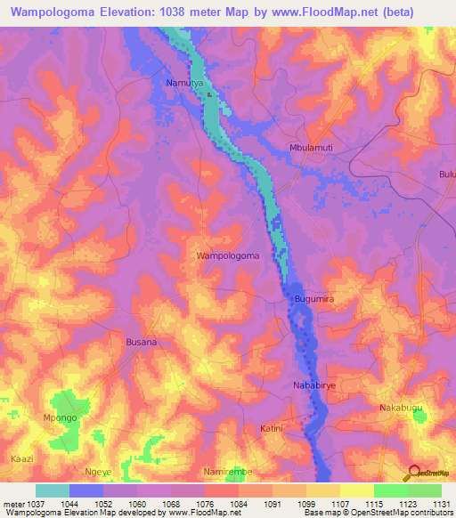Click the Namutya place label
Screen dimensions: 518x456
[185, 83]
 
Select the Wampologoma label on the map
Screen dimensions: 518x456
[227, 255]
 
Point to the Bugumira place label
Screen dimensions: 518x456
[313, 300]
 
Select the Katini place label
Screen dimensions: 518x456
[272, 428]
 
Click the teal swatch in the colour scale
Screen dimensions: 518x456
[52, 490]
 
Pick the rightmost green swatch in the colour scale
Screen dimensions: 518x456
[424, 490]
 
